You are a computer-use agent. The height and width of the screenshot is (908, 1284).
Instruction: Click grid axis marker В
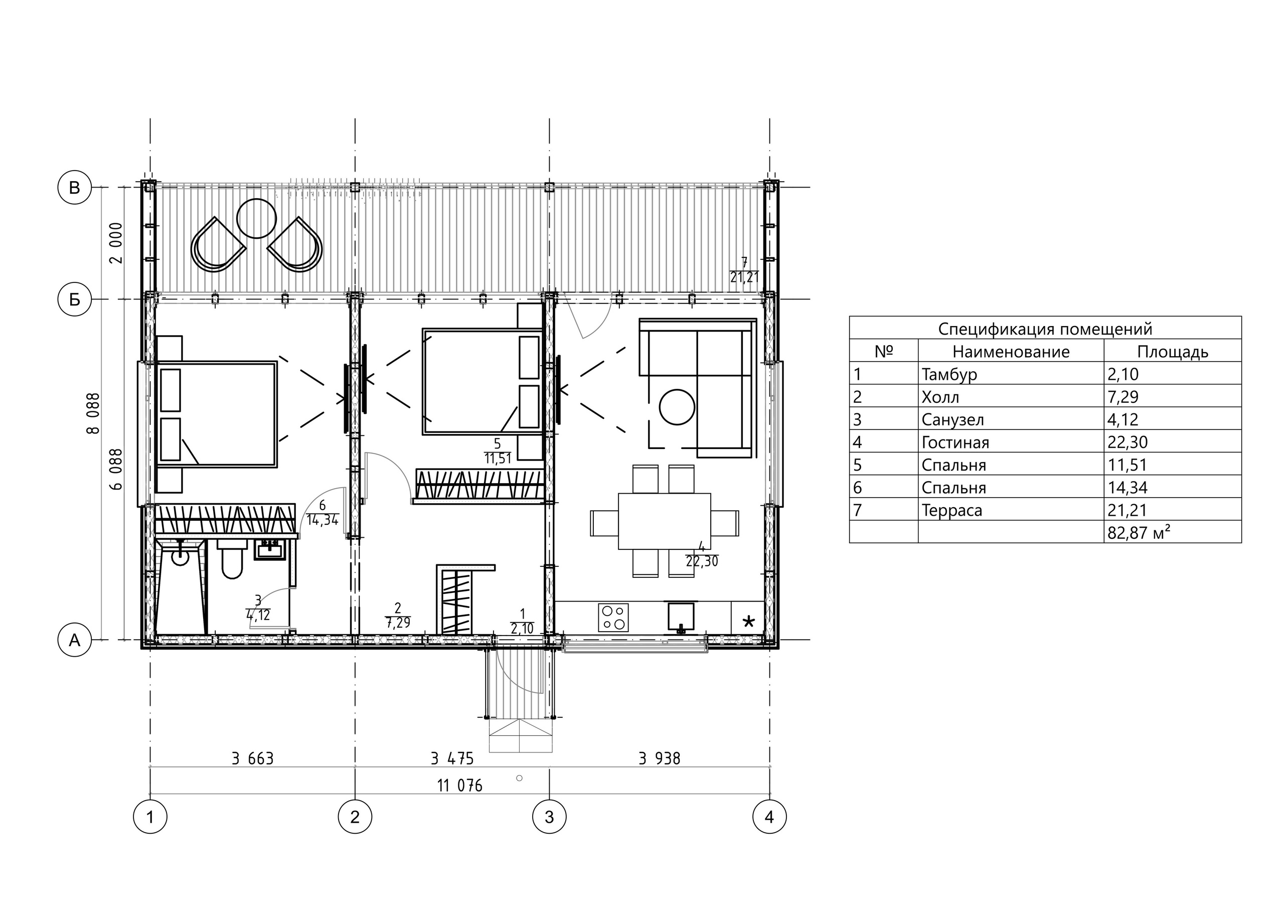click(74, 188)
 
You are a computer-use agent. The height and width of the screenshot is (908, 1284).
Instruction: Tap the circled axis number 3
click(549, 817)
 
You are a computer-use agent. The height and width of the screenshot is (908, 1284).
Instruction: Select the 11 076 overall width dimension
click(460, 786)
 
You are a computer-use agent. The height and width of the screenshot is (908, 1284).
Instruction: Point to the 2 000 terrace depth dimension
click(116, 243)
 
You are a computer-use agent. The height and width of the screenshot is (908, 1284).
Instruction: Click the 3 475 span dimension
click(452, 759)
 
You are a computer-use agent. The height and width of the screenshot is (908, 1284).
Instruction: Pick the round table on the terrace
click(256, 219)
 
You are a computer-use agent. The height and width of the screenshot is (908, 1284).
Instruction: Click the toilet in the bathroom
click(232, 558)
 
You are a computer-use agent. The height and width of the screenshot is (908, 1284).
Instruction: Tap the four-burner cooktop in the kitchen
click(613, 618)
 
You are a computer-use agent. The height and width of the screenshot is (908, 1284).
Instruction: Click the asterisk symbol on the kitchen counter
click(748, 622)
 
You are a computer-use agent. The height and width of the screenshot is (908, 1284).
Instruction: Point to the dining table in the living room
click(665, 521)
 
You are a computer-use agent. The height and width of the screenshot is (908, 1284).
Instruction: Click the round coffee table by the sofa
click(677, 407)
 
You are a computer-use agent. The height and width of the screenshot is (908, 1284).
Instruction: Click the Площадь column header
click(1173, 351)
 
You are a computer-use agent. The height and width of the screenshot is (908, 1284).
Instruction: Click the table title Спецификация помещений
click(1045, 329)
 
